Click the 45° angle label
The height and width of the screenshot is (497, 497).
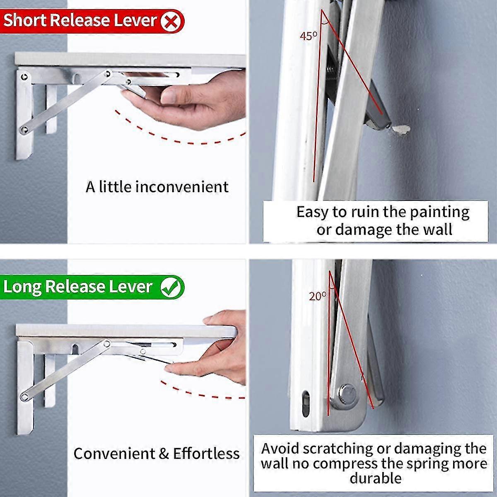[308, 36]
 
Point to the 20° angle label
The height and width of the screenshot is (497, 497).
[317, 296]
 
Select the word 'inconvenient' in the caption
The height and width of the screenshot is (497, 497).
[182, 187]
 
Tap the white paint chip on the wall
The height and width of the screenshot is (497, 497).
[400, 130]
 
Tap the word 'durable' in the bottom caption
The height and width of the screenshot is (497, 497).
[376, 478]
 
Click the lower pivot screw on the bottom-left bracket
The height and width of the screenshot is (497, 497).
[24, 397]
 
